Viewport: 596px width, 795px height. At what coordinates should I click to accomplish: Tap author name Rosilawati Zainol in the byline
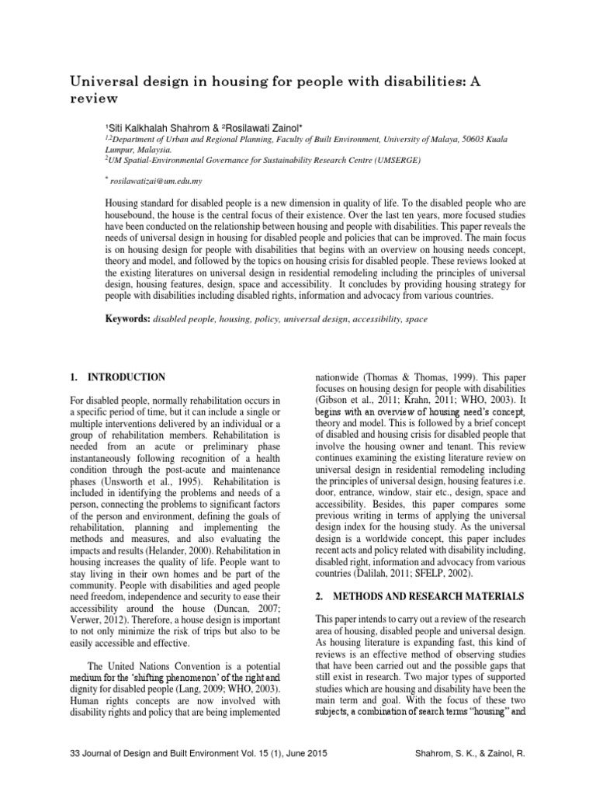(252, 127)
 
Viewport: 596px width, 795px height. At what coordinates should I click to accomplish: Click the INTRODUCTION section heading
(123, 377)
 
